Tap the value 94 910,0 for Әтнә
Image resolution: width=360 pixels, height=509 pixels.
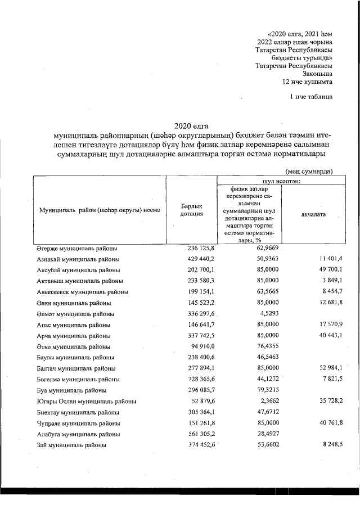tap(202, 346)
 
